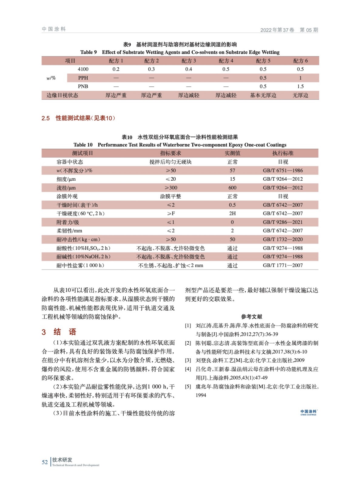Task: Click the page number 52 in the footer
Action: [45, 462]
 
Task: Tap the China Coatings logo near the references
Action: [308, 412]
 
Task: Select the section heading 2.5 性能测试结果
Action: [78, 118]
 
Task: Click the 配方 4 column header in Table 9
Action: [226, 61]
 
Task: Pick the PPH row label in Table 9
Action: [83, 78]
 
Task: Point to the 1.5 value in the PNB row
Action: [300, 86]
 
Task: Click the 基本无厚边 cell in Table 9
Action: [263, 95]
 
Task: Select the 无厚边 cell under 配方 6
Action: [300, 95]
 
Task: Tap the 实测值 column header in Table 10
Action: [232, 153]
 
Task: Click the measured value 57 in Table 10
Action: [232, 171]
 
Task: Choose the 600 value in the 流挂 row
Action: [232, 188]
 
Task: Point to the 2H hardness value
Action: [232, 213]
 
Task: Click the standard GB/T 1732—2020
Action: [283, 239]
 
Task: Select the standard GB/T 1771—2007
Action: [283, 266]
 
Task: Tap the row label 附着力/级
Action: [68, 222]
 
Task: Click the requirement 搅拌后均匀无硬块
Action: [170, 162]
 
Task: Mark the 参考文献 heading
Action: [251, 317]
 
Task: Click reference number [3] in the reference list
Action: [188, 360]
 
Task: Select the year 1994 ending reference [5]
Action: [201, 395]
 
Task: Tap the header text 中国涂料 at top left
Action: [54, 29]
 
